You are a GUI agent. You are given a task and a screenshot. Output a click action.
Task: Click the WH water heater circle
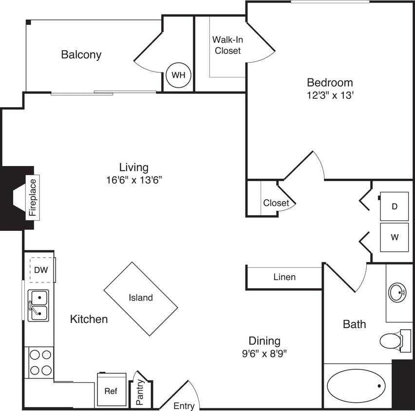coord(178,75)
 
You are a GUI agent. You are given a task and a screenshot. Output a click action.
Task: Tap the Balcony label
coord(81,55)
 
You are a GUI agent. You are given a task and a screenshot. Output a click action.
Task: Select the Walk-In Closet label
coord(227,45)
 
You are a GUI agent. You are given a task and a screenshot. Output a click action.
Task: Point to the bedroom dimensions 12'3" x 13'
coord(330,96)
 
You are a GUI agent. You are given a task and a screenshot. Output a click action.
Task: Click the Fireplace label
coord(33,197)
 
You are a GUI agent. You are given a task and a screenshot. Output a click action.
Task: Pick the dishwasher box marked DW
coord(41,270)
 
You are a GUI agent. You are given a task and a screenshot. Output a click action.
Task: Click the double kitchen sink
coord(38,305)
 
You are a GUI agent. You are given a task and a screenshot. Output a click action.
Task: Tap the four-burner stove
coord(40,362)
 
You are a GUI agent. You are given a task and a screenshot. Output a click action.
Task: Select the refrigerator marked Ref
coord(111,390)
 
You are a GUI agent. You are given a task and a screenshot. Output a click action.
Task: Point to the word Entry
coord(184,406)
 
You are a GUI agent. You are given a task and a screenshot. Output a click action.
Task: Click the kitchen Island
coord(141,298)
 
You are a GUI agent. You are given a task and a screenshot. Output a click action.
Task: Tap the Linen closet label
coord(284,277)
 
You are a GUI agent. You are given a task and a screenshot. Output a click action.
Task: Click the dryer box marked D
coord(395,206)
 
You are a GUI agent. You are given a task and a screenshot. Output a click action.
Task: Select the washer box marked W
coord(395,238)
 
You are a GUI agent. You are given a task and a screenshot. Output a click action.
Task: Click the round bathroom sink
coord(397,293)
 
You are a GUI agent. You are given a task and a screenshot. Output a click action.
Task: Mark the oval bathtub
coord(356,386)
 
